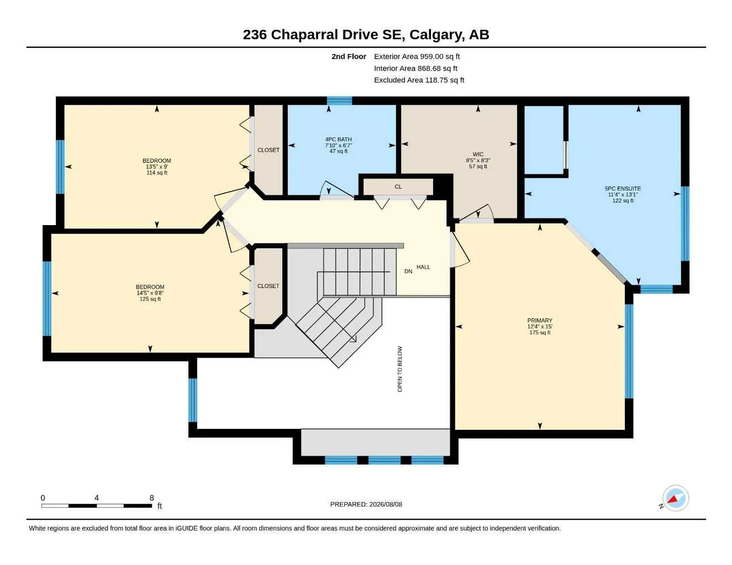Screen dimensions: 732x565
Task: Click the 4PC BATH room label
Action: (x=338, y=139)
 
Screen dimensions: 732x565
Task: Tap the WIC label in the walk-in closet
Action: (x=478, y=154)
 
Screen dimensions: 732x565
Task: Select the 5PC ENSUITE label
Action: (x=623, y=189)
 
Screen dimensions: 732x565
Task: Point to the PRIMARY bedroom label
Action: (x=540, y=321)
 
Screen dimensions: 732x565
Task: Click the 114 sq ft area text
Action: (x=157, y=173)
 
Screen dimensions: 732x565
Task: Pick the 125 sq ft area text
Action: (x=150, y=299)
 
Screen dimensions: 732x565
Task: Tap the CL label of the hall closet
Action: (x=398, y=186)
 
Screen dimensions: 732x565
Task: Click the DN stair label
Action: (x=408, y=271)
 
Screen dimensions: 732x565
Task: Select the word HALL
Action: (x=423, y=267)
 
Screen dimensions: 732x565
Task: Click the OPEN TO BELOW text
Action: (x=400, y=369)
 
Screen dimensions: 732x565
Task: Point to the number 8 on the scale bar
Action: (x=151, y=498)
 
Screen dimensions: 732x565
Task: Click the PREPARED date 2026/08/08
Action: (x=386, y=504)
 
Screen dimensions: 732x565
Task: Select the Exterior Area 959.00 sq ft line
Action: (x=417, y=56)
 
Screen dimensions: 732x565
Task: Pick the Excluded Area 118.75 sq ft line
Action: (x=419, y=80)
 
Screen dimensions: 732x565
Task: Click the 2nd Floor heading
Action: (x=349, y=56)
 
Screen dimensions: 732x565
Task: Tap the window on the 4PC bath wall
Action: (x=339, y=100)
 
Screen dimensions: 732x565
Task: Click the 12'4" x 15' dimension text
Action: (x=540, y=327)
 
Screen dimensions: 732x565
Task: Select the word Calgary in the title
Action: (x=435, y=35)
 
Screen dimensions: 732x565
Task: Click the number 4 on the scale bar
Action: (x=97, y=498)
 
